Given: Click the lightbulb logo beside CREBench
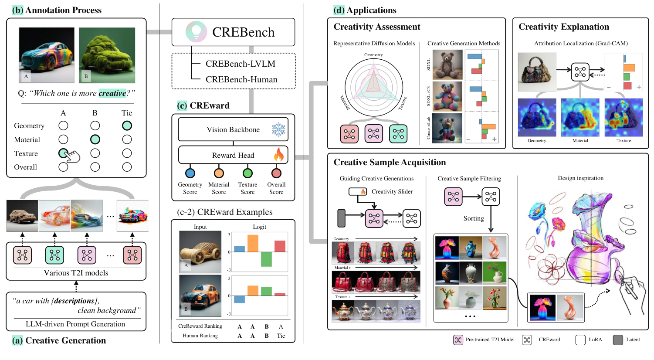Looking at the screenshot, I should [196, 32].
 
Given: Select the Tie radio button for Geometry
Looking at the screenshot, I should [127, 126].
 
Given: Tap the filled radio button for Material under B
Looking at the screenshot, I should [95, 139].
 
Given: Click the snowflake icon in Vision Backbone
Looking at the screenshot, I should [278, 129].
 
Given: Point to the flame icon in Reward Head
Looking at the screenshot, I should [278, 155].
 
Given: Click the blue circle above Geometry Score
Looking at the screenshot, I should [190, 173].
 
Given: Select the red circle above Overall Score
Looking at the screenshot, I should [276, 173].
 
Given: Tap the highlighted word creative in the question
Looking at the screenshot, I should [112, 93].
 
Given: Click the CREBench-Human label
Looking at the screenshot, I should [241, 79].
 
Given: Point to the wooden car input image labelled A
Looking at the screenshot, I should [200, 252].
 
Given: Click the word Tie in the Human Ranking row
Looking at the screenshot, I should [281, 336].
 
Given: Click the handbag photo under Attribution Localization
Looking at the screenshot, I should [537, 72].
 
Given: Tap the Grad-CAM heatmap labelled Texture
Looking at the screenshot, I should [624, 117].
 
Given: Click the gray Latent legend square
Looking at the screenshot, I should [617, 340].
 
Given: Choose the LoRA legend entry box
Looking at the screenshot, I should [580, 340].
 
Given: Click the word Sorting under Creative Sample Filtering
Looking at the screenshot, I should [474, 218].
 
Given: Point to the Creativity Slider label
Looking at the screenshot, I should [392, 191].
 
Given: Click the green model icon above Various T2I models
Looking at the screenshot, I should [54, 255].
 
